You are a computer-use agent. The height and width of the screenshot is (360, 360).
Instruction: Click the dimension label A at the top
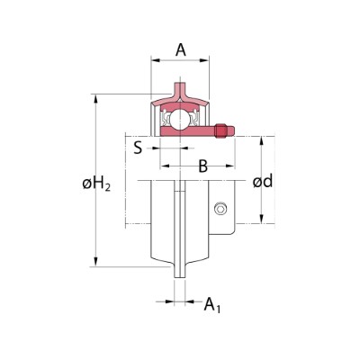click(180, 50)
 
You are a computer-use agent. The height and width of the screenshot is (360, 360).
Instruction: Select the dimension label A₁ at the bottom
click(212, 306)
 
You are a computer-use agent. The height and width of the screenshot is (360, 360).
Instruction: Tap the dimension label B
click(202, 166)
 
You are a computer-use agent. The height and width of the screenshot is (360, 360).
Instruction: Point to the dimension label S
click(138, 148)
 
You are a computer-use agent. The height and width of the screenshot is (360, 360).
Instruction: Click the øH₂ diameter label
click(96, 184)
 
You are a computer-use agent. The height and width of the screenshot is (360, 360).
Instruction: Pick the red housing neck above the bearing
click(180, 93)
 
